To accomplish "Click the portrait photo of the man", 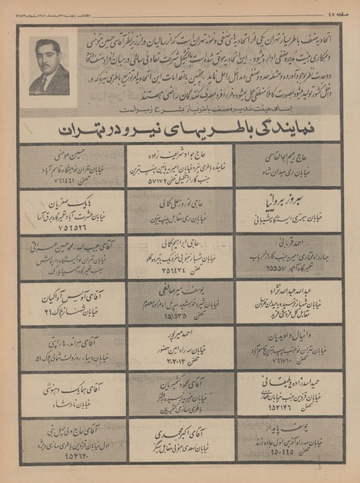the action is (x=48, y=69).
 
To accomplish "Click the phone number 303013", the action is (x=178, y=360).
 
